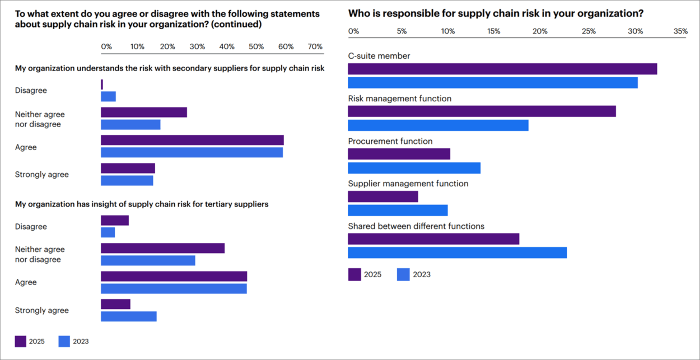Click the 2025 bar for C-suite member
[502, 69]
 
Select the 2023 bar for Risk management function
[438, 125]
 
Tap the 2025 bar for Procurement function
[399, 154]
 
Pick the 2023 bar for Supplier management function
[398, 211]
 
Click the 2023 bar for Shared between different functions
[457, 253]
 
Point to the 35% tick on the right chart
[680, 32]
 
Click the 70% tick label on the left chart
[315, 46]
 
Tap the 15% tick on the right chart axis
[494, 32]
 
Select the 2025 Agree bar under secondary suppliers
[192, 140]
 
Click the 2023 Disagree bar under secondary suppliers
[108, 96]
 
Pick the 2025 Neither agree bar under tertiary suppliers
[162, 248]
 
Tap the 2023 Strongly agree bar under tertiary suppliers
[129, 316]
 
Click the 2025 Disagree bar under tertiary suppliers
[115, 221]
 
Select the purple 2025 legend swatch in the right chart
[354, 274]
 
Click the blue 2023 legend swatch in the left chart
[64, 341]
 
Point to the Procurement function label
[390, 141]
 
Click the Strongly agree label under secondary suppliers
[42, 174]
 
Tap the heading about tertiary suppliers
[142, 204]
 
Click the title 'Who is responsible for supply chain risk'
[496, 13]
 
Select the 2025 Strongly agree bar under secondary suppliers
[128, 169]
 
